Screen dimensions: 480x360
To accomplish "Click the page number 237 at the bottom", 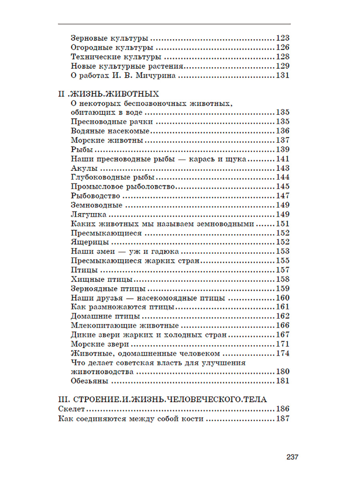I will tap(292, 457).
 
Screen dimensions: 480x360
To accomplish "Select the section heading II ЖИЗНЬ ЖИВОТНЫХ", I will tap(108, 94).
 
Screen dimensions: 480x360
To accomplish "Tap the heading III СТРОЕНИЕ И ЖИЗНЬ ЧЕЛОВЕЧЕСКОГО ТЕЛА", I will tap(162, 399).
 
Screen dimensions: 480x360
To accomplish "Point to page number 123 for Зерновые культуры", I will tap(282, 39).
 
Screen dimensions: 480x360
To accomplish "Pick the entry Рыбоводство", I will tap(95, 196).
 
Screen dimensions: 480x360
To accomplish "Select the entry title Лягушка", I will tap(86, 214).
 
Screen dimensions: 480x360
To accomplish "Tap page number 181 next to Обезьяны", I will tap(282, 381).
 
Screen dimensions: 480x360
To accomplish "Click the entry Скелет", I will tap(72, 409).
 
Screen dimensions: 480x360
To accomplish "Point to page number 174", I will tap(282, 353).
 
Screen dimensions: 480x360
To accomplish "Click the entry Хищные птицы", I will tap(102, 279).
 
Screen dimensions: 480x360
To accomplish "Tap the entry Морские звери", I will tap(100, 344).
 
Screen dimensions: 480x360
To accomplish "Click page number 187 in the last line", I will tap(282, 419).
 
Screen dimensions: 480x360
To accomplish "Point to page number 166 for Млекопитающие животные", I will tap(282, 326).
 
